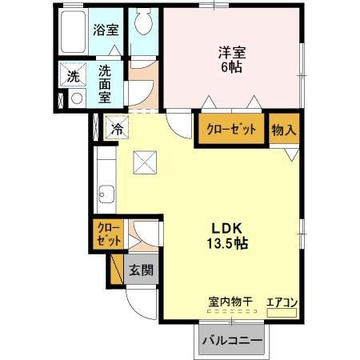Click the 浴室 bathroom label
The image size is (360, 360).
pyautogui.click(x=106, y=31)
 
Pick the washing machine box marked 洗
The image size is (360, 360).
pyautogui.click(x=73, y=78)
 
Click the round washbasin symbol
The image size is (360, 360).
pyautogui.click(x=77, y=99)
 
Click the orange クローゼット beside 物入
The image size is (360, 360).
pyautogui.click(x=232, y=129)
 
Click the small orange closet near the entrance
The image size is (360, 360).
pyautogui.click(x=107, y=234)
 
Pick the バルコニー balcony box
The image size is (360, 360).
pyautogui.click(x=231, y=340)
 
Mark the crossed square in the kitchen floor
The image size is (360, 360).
pyautogui.click(x=144, y=162)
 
